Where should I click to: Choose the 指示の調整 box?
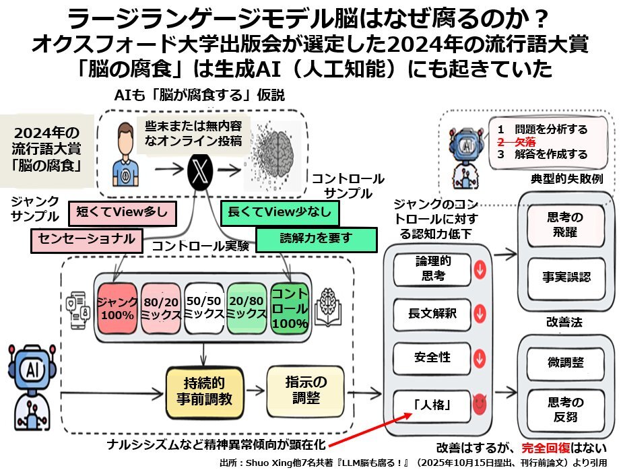tap(297, 391)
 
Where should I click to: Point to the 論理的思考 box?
tap(431, 269)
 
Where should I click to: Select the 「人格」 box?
tap(431, 405)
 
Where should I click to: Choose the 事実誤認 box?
tap(565, 276)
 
